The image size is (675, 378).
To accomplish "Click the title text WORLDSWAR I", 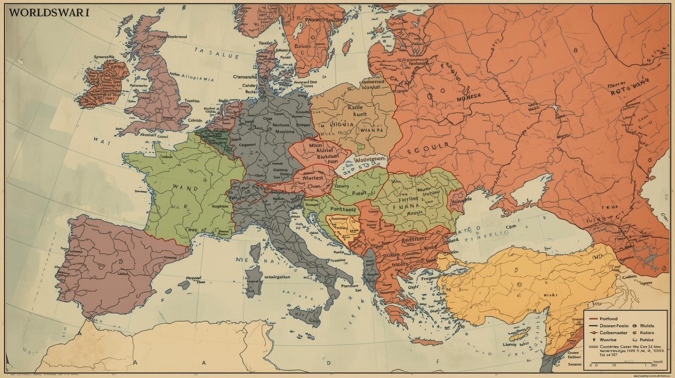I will coord(49,12).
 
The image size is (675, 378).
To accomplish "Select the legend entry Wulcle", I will coord(647,326).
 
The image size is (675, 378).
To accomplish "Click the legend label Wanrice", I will coord(607,340).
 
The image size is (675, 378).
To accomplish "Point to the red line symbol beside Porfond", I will coord(593,319).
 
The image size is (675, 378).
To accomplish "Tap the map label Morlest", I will coord(313,178).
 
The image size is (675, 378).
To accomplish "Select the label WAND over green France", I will coord(185,189).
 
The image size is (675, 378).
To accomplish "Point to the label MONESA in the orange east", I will coord(469,96).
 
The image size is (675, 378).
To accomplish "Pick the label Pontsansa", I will coord(343,209).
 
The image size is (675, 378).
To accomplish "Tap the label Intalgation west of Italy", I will coord(277,277).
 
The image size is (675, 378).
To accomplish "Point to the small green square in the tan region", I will coord(360,147).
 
